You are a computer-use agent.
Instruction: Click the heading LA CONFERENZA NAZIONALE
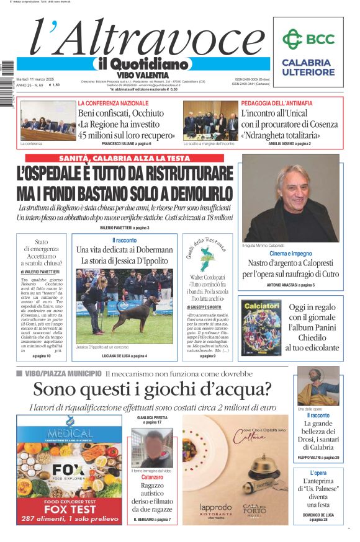tap(113, 103)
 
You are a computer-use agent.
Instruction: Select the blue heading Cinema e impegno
tap(290, 253)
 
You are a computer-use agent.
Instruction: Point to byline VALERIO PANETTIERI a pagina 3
tap(124, 228)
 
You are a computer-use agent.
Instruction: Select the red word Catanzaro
tap(151, 478)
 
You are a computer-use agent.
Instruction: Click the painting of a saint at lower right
tap(318, 386)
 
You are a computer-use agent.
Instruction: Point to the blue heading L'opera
tap(318, 473)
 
